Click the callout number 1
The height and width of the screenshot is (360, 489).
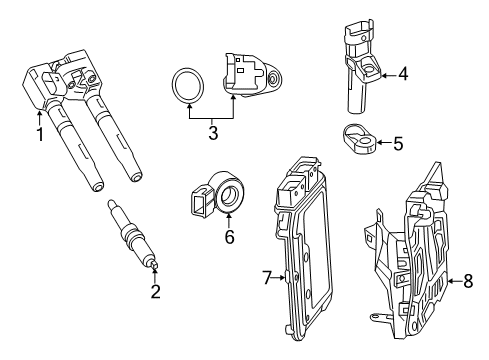pyautogui.click(x=40, y=134)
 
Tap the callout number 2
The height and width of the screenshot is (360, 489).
pyautogui.click(x=155, y=292)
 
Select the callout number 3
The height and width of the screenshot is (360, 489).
pyautogui.click(x=213, y=133)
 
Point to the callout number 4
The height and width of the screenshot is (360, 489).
pyautogui.click(x=403, y=74)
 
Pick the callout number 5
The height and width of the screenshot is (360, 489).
pyautogui.click(x=398, y=143)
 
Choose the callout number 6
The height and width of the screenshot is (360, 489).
pyautogui.click(x=229, y=237)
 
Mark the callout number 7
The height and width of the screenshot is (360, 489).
pyautogui.click(x=267, y=278)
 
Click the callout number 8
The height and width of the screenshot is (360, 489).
pyautogui.click(x=468, y=281)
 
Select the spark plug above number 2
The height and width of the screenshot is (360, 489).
pyautogui.click(x=133, y=234)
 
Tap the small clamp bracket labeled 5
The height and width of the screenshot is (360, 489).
pyautogui.click(x=359, y=140)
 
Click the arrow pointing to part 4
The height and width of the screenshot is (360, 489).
pyautogui.click(x=388, y=76)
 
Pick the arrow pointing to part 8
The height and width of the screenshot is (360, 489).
pyautogui.click(x=455, y=281)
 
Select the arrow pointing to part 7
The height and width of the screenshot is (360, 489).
pyautogui.click(x=279, y=277)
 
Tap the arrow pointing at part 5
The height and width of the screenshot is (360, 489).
pyautogui.click(x=384, y=143)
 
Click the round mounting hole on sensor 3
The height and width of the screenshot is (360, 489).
pyautogui.click(x=274, y=79)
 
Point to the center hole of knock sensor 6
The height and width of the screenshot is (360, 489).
pyautogui.click(x=229, y=195)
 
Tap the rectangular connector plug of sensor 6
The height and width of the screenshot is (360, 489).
pyautogui.click(x=201, y=200)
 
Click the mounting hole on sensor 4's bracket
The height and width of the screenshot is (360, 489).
pyautogui.click(x=368, y=69)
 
